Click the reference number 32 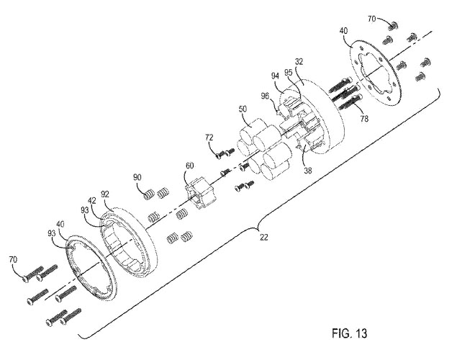click(x=299, y=63)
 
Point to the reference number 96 click(x=264, y=94)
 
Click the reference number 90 click(x=137, y=176)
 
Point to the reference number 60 click(x=189, y=166)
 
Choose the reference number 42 click(x=92, y=202)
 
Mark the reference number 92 click(x=105, y=194)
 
